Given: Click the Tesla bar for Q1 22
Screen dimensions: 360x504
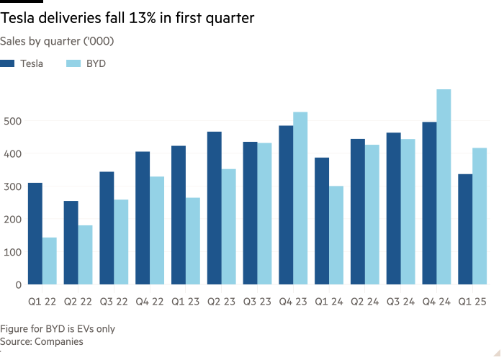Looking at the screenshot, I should (x=35, y=233).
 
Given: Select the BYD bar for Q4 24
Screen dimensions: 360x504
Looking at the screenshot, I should (x=444, y=187).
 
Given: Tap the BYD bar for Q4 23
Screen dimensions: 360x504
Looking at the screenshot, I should (x=300, y=198).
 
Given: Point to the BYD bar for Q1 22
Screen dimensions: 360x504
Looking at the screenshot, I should (x=50, y=261).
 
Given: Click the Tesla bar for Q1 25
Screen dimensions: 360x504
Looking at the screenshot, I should (x=465, y=229).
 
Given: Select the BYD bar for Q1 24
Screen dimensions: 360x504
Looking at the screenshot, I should (x=336, y=235).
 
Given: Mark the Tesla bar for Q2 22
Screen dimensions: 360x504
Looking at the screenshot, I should (x=71, y=243).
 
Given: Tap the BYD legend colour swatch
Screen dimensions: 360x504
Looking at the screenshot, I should (x=73, y=63).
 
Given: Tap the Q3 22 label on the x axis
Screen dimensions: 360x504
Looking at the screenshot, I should (x=114, y=302).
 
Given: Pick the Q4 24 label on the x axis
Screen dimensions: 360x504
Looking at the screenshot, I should (x=436, y=302).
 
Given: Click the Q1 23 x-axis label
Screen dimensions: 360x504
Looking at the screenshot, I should (x=185, y=302).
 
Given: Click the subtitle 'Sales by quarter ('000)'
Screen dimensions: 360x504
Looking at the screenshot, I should (x=57, y=41).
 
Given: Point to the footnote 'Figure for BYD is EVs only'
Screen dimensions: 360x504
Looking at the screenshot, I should (x=58, y=329).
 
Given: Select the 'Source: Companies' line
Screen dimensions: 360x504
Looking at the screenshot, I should (x=42, y=341).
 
